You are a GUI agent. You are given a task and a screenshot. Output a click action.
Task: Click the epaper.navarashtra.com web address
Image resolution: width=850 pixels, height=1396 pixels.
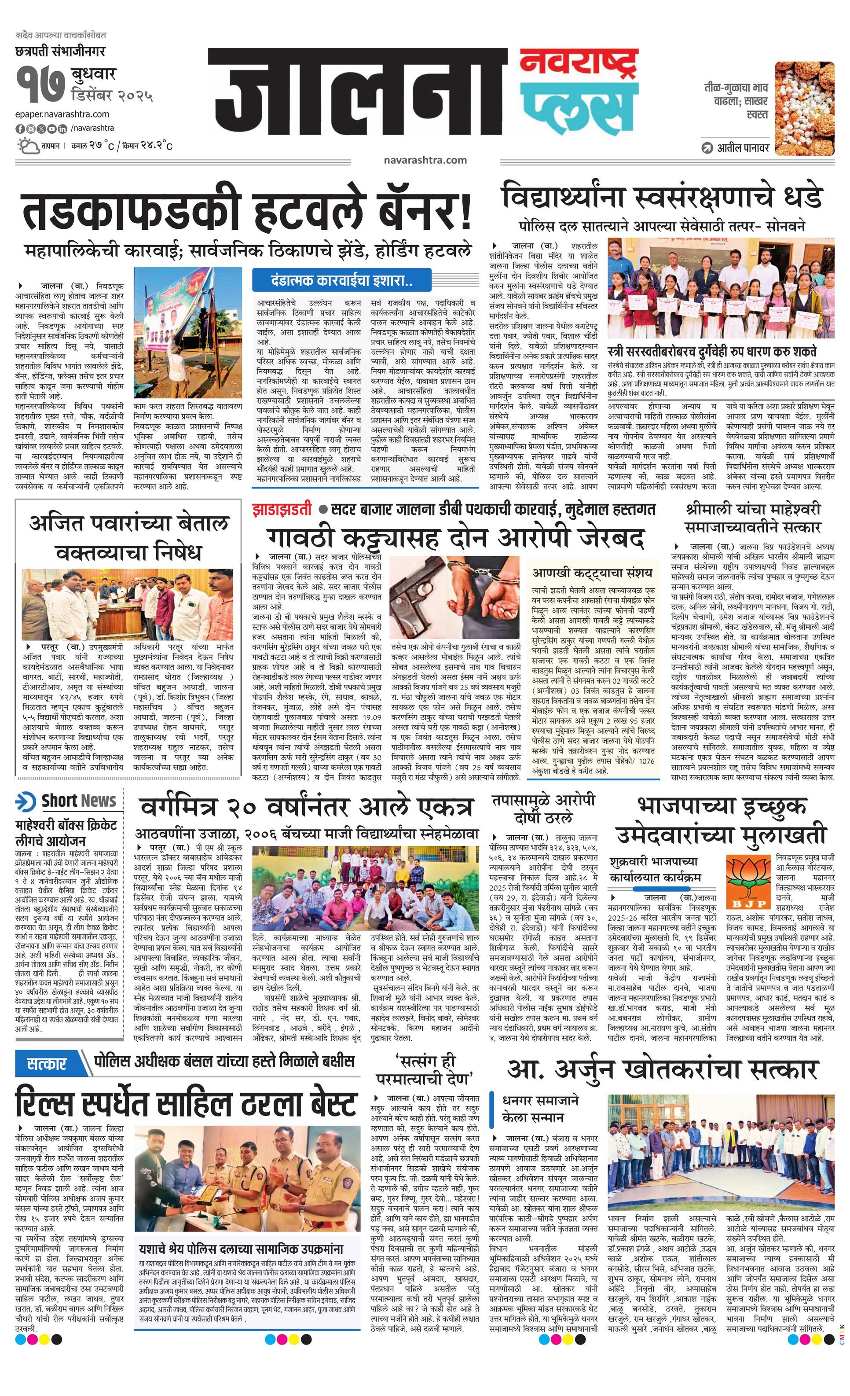coord(62,114)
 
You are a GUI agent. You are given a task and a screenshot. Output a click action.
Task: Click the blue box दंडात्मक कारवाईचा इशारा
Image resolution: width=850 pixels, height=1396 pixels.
coord(342,280)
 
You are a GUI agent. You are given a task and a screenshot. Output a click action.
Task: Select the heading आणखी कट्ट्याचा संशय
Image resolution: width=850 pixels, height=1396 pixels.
coord(592,573)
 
